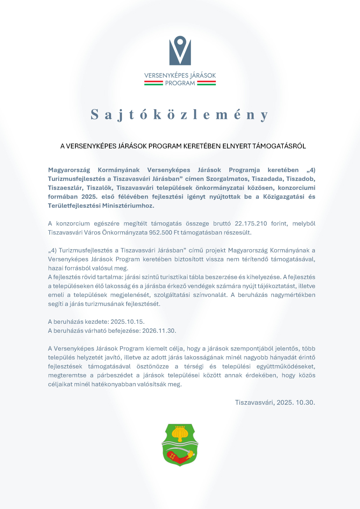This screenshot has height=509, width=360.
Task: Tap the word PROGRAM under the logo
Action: (x=180, y=83)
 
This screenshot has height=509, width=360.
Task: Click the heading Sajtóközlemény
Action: (x=180, y=115)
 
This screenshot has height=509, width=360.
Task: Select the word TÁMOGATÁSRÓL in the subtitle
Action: (x=279, y=146)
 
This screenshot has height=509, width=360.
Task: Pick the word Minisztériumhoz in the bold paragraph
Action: (x=128, y=206)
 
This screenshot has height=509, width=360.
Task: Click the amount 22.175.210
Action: (x=251, y=224)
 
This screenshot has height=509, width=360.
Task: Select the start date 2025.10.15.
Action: (x=127, y=322)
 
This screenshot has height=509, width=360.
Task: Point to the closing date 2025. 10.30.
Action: (x=296, y=403)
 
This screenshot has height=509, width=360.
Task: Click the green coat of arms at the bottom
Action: (x=180, y=445)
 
